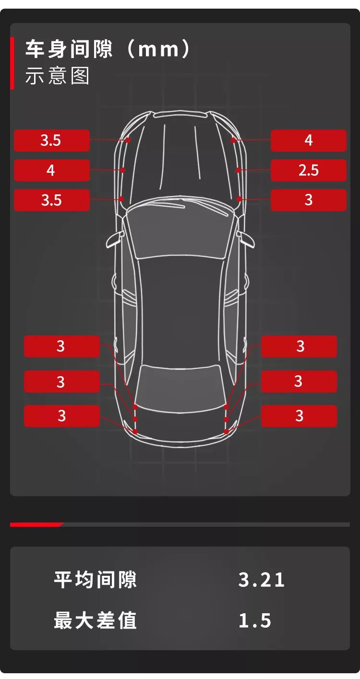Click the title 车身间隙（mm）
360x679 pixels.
point(108,49)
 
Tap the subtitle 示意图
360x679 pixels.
point(57,76)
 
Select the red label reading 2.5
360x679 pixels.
point(309,170)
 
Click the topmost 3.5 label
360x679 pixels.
point(52,140)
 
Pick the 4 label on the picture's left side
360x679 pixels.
point(52,170)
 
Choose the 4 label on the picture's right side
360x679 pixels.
point(309,140)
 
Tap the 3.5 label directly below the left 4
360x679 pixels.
point(52,200)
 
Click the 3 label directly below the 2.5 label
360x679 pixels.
point(309,200)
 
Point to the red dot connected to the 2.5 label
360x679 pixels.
point(238,170)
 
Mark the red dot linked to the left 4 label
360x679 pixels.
point(122,170)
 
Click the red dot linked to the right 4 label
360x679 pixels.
point(233,140)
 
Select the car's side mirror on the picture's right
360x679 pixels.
point(246,239)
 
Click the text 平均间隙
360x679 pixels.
point(95,579)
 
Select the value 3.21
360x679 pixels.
point(261,580)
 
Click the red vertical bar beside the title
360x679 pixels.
point(12,63)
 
